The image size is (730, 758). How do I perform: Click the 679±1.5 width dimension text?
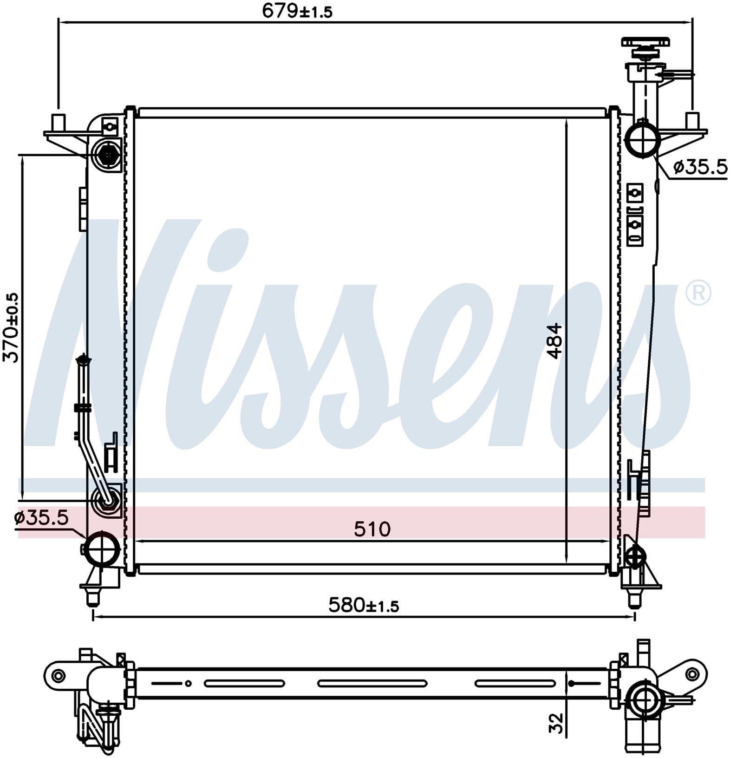(297, 11)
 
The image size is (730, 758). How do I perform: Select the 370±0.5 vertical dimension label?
(11, 327)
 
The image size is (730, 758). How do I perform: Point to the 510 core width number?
(372, 529)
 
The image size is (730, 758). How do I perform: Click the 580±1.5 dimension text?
(364, 605)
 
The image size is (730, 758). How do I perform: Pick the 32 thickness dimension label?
(555, 723)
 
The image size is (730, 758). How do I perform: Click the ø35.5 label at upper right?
(700, 167)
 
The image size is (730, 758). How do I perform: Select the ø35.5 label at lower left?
(41, 517)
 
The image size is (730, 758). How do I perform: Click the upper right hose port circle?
(643, 139)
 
